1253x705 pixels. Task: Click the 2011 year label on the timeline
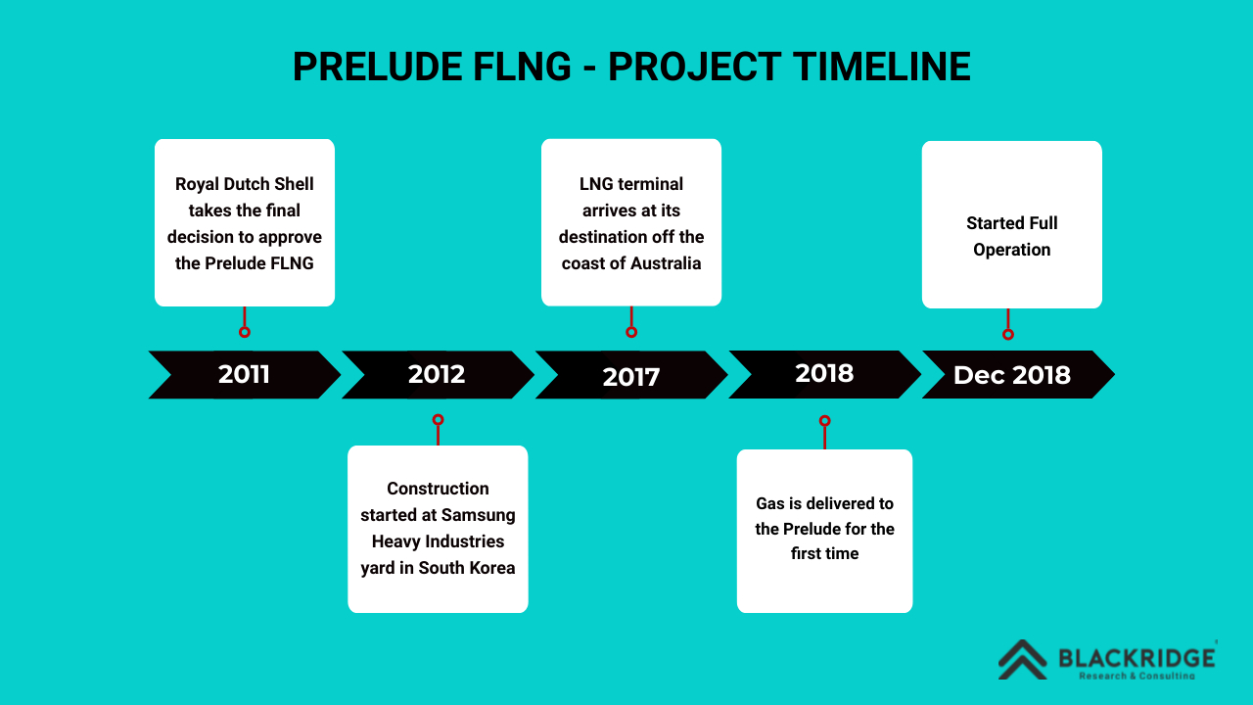[x=244, y=374]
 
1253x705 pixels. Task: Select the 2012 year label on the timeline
[x=437, y=374]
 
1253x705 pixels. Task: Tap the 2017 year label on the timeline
[x=631, y=377]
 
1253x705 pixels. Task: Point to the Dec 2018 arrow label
[x=1012, y=375]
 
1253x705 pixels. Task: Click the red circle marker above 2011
[x=245, y=332]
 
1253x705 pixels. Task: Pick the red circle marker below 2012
[x=438, y=420]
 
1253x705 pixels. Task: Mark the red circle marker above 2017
[x=631, y=332]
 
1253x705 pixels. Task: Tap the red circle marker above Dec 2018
[x=1008, y=334]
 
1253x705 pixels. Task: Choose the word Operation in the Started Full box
[x=1012, y=250]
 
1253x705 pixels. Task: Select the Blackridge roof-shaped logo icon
[x=1023, y=660]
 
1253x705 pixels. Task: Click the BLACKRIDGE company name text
[x=1137, y=658]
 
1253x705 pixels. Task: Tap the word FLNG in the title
[x=523, y=67]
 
